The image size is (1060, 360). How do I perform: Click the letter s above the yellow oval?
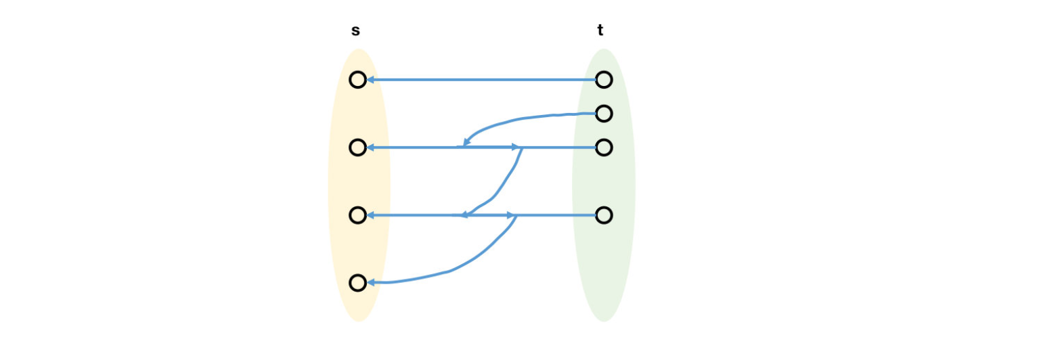(x=355, y=30)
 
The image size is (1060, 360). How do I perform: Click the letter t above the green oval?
(x=600, y=30)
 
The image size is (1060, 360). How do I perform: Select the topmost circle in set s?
(x=357, y=80)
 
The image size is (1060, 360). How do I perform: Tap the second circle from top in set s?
(x=357, y=148)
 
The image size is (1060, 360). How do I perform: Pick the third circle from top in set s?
(x=357, y=215)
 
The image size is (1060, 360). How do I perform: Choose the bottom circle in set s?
(x=357, y=283)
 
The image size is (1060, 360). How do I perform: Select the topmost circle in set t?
(x=604, y=80)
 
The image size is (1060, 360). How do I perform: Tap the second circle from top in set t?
(x=604, y=114)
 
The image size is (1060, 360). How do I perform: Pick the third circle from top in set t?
(x=604, y=148)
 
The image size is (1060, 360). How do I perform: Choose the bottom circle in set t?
(x=604, y=215)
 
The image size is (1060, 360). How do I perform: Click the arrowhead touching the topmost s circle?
(x=370, y=80)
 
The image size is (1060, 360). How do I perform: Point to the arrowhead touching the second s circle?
(x=370, y=148)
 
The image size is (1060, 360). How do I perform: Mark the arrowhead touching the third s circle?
(x=370, y=215)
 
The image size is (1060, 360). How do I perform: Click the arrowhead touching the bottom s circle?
(x=370, y=282)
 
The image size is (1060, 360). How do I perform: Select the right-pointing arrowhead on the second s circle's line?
(x=516, y=147)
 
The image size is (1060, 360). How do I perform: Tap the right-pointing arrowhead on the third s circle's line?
(x=512, y=215)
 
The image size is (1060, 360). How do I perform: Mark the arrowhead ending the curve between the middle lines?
(x=464, y=215)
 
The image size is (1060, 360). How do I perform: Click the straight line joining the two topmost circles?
(x=481, y=80)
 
